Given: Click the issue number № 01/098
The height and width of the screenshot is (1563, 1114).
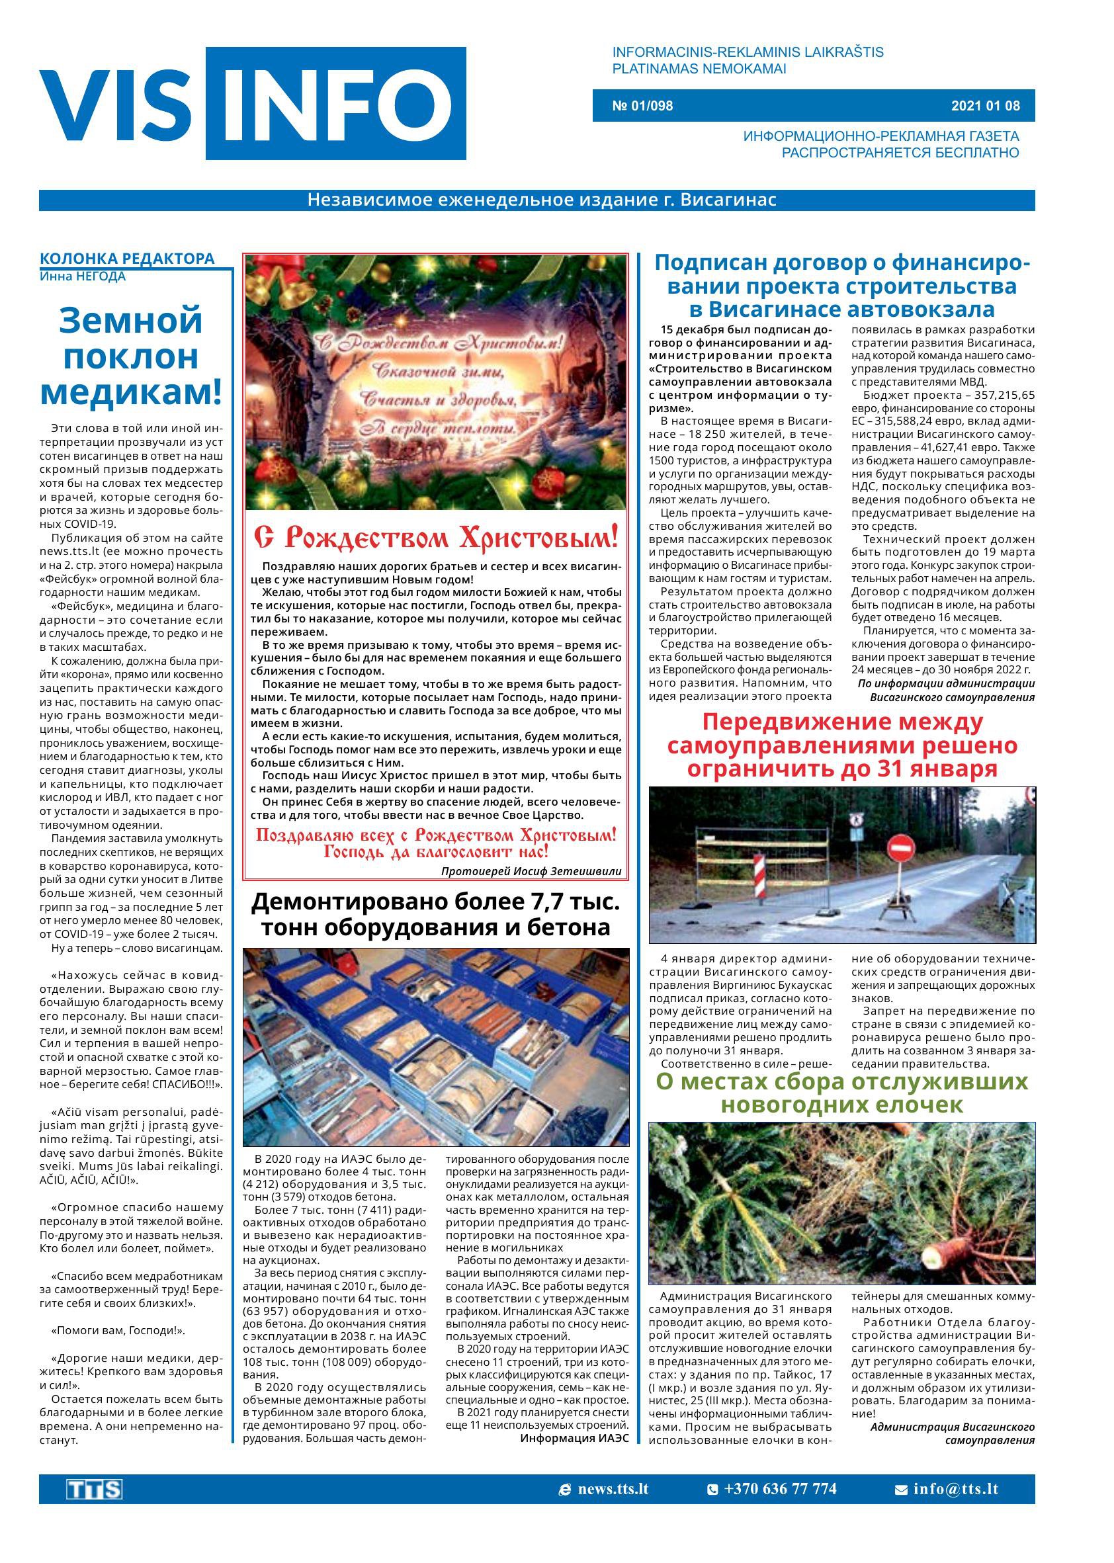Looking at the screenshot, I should click(x=642, y=106).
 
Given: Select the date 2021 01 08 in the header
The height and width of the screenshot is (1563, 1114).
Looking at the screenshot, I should click(x=985, y=106).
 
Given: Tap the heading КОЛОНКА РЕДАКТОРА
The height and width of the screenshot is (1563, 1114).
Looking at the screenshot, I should click(x=127, y=259).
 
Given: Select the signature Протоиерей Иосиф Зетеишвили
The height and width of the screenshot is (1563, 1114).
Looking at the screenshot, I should click(x=531, y=871).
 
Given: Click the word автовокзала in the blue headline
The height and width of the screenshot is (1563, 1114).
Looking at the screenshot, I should click(x=921, y=309).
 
